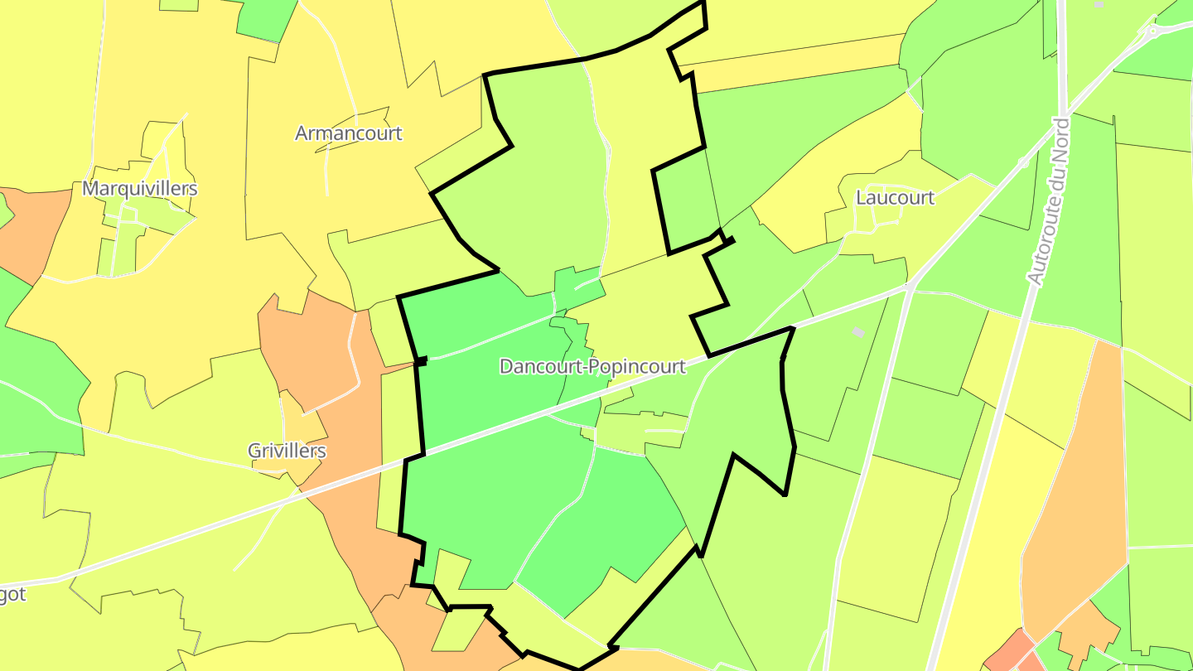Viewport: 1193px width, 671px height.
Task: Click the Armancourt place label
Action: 349,133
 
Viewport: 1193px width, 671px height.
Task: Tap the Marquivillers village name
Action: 139,188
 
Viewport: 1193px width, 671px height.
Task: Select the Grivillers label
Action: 287,451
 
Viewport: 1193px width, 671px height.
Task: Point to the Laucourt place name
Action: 895,197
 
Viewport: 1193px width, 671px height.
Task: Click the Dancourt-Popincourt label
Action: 592,366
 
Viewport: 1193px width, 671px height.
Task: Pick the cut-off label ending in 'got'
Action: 12,594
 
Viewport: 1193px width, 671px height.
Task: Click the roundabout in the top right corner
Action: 1152,32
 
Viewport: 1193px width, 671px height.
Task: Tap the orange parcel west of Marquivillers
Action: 33,232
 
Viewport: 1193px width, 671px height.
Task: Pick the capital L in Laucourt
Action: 861,197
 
